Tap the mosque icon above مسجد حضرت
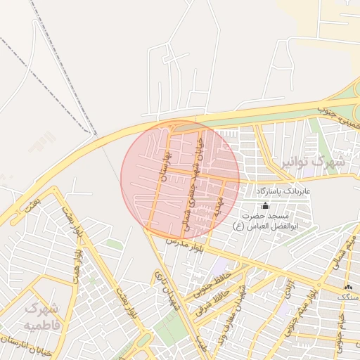tap(265, 205)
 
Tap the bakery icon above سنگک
tap(348, 288)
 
